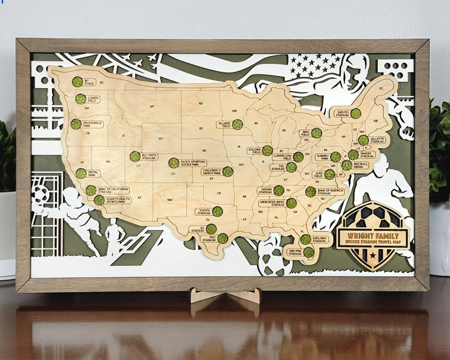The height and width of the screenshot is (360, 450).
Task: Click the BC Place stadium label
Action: tap(90, 83)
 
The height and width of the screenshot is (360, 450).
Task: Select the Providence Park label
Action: tap(92, 123)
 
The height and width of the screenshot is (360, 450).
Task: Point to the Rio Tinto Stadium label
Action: tap(149, 156)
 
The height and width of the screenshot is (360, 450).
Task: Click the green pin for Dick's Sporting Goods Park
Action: tap(173, 163)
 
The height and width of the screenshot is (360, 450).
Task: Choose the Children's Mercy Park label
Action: tap(211, 172)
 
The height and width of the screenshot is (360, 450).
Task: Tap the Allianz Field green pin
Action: tap(237, 124)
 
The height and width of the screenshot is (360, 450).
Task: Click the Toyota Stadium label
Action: tap(205, 212)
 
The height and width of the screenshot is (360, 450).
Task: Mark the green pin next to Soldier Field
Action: tap(267, 151)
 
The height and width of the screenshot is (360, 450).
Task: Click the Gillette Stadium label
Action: tap(376, 140)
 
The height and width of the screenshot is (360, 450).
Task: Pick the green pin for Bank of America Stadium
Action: tap(310, 192)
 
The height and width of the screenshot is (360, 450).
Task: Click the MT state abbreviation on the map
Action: tap(152, 106)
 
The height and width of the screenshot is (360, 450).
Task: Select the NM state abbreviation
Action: tap(170, 200)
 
